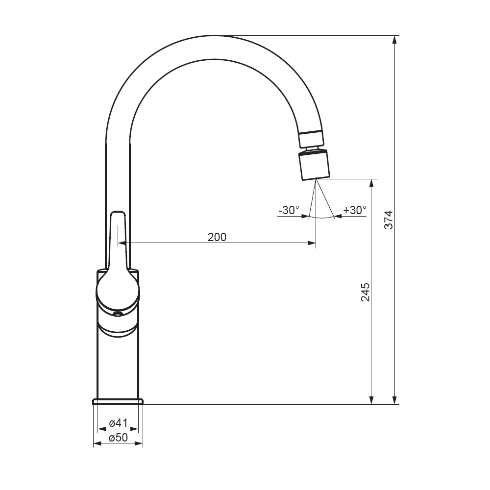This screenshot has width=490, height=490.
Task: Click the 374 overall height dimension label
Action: pos(389,220)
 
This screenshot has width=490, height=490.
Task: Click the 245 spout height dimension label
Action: pos(366,292)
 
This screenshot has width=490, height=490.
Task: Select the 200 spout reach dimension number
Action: pos(217,237)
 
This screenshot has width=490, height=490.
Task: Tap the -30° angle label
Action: pos(289,210)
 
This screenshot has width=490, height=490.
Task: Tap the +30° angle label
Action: pos(355,210)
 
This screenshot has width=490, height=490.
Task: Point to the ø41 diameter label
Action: pos(119,423)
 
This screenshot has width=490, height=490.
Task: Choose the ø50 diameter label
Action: pos(119,438)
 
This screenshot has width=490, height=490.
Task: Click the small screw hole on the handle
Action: pos(118,314)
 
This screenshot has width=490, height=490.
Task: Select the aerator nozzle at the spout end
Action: pos(314,165)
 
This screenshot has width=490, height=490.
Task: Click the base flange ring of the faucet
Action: pos(118,402)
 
